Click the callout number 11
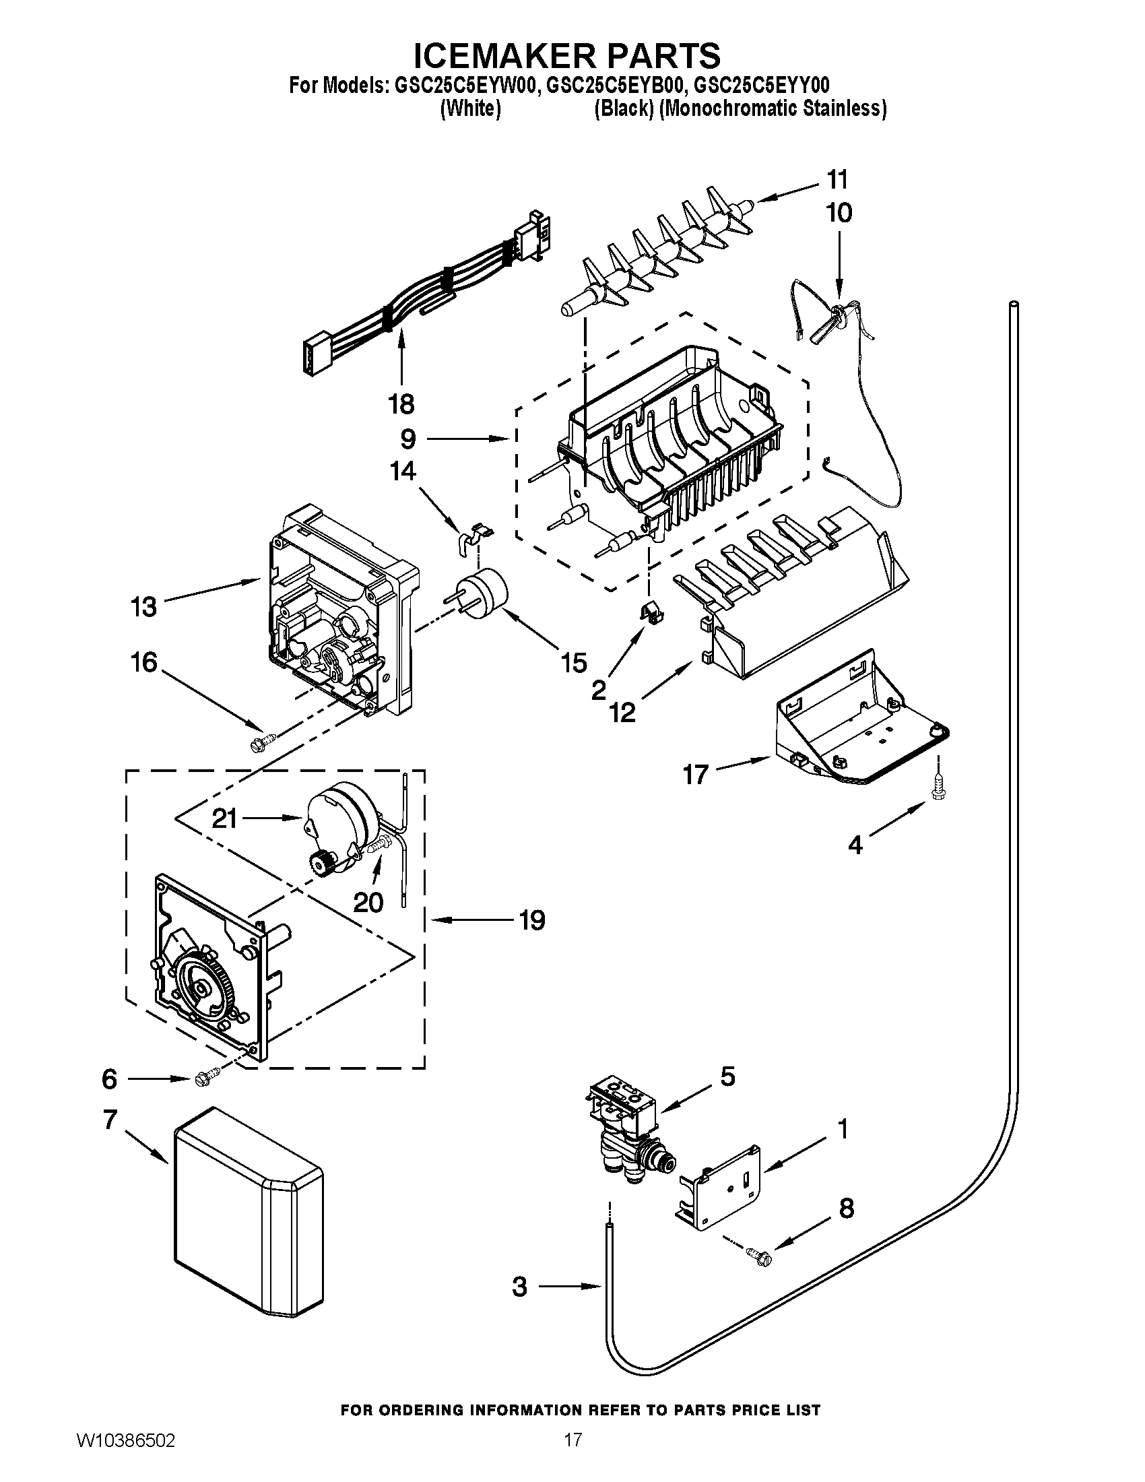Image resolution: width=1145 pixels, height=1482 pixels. tap(837, 180)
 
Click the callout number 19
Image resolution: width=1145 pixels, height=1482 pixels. tap(532, 921)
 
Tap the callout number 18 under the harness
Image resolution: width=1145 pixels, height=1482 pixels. tap(401, 404)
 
